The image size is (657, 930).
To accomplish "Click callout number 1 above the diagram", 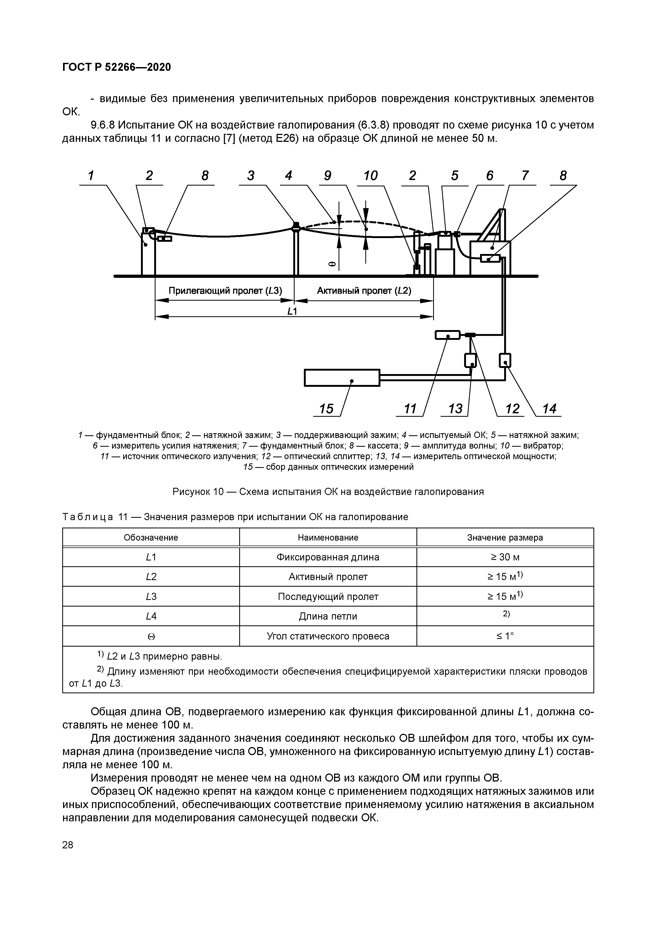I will tap(91, 176).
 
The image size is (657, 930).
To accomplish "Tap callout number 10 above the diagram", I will tap(370, 176).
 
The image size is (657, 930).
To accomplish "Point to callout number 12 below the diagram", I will tap(512, 409).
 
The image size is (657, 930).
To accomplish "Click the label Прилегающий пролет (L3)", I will tap(225, 291).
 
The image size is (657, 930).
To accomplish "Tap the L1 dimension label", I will tap(292, 311).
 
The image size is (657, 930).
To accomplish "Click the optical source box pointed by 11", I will tap(447, 335).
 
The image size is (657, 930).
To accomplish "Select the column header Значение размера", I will tap(505, 537).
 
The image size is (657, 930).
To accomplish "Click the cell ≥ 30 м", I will tap(505, 557).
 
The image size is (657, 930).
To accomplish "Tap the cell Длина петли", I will tap(328, 616).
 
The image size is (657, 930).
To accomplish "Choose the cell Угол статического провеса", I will tap(328, 636).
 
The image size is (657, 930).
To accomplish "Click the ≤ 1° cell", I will tap(505, 636).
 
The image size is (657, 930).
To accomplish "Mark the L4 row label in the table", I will tap(151, 616).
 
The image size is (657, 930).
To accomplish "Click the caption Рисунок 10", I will tap(328, 492).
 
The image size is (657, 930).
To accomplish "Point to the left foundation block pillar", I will tap(148, 253).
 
